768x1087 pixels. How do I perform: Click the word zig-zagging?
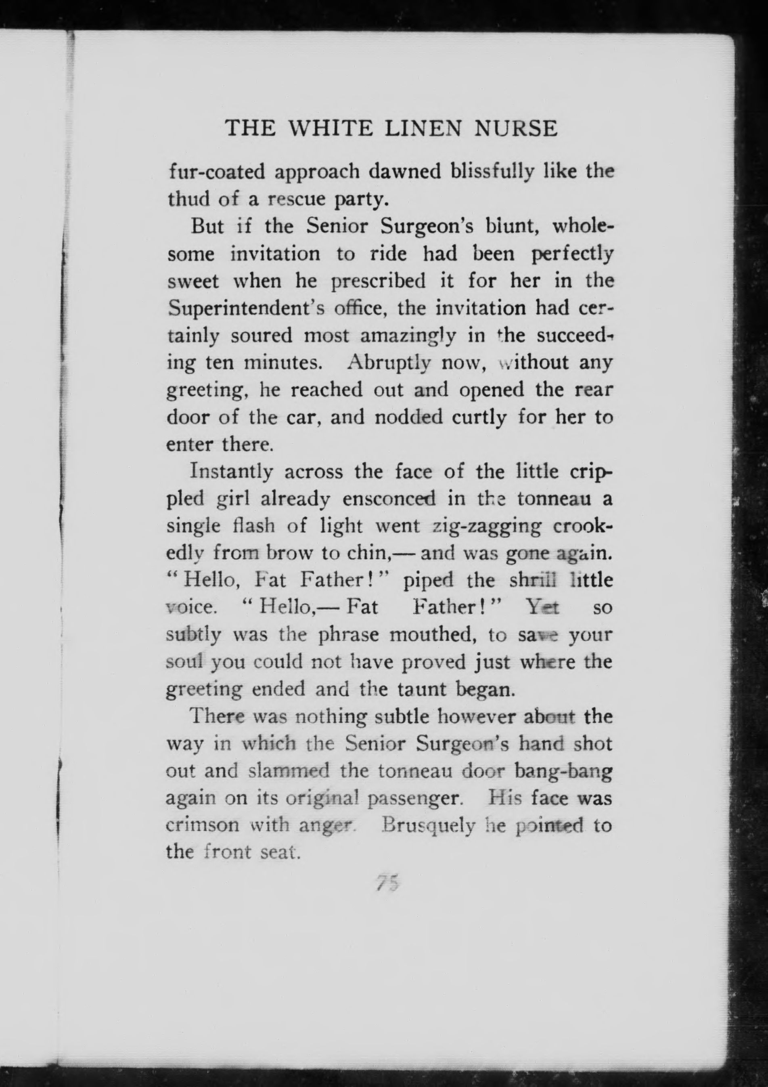tap(480, 527)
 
